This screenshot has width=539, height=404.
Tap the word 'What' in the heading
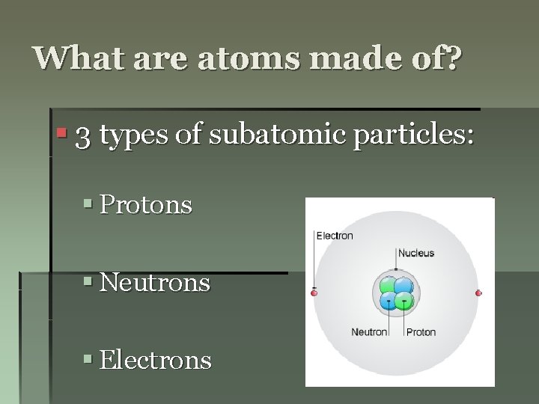[x=73, y=58]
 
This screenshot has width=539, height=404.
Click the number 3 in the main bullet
[x=84, y=136]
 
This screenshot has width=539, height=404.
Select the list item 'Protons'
[x=146, y=205]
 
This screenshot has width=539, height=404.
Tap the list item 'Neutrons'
[x=155, y=283]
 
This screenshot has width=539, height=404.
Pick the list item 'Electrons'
[x=156, y=361]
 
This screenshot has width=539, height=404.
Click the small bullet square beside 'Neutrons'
[x=88, y=282]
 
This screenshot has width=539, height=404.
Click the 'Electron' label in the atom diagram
[x=335, y=236]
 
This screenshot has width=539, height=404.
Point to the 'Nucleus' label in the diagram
[x=416, y=253]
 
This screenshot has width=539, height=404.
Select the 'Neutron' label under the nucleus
[x=369, y=332]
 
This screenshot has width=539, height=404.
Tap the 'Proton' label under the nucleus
[x=421, y=332]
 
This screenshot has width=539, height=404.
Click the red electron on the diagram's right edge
[x=478, y=293]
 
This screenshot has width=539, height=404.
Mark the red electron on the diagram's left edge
[x=314, y=293]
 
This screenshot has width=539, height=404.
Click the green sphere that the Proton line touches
[x=405, y=302]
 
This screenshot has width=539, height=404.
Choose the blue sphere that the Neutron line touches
[x=388, y=301]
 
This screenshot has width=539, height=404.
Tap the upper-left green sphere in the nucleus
[x=388, y=286]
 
